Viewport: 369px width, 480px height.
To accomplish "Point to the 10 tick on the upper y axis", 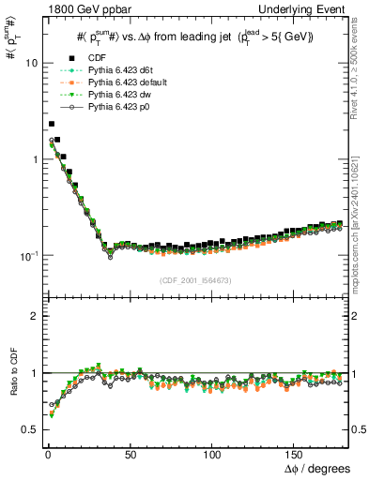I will pyautogui.click(x=29, y=63).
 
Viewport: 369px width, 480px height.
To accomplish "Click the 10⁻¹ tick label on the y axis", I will pyautogui.click(x=27, y=255).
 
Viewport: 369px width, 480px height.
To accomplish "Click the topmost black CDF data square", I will pyautogui.click(x=52, y=123).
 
